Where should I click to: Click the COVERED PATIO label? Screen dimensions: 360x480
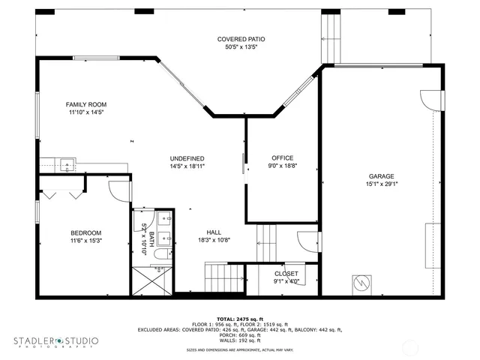241,39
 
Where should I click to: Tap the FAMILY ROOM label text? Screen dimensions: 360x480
86,104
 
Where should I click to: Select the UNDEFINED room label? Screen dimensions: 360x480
187,158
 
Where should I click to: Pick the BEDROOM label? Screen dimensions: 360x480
85,232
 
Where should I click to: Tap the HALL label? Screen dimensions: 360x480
214,232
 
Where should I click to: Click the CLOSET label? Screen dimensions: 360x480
286,274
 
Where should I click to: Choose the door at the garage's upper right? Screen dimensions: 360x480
430,100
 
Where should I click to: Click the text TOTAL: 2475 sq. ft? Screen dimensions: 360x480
240,319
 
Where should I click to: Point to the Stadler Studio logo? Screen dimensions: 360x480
55,342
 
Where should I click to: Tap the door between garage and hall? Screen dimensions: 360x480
307,242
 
